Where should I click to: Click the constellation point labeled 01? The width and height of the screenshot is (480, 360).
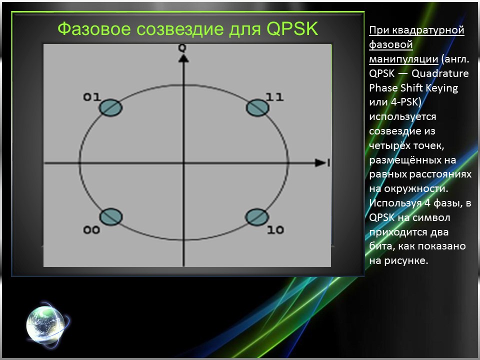tap(110, 107)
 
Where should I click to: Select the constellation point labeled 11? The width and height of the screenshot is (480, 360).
tap(258, 107)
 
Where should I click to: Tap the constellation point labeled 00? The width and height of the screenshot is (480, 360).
tap(110, 217)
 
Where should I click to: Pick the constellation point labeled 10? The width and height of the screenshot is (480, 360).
tap(257, 217)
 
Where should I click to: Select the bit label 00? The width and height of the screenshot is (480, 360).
tap(92, 230)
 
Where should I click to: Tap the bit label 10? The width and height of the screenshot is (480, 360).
tap(275, 230)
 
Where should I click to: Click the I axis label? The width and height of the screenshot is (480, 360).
tap(328, 162)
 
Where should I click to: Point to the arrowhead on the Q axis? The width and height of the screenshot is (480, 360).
tap(183, 58)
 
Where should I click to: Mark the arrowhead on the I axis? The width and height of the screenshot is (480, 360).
tap(320, 162)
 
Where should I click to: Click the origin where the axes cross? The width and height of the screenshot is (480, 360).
tap(183, 163)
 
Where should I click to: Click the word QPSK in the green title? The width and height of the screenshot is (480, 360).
tap(292, 29)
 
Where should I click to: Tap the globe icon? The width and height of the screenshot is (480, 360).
tap(45, 322)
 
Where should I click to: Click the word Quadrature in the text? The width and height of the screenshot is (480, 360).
tap(440, 73)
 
